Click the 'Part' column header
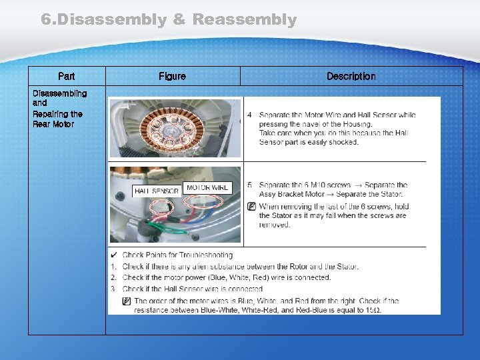point(66,77)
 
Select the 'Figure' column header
point(172,77)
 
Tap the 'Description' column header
point(351,77)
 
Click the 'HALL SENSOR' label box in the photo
point(156,191)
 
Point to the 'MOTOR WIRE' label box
point(207,187)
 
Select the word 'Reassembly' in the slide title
point(244,20)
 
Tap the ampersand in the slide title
point(179,20)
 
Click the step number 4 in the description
point(249,115)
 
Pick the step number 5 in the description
point(249,185)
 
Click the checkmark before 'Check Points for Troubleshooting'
point(114,255)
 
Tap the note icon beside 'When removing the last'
point(251,207)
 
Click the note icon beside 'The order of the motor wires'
point(127,301)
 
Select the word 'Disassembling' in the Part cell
point(59,93)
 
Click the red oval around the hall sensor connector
point(161,209)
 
